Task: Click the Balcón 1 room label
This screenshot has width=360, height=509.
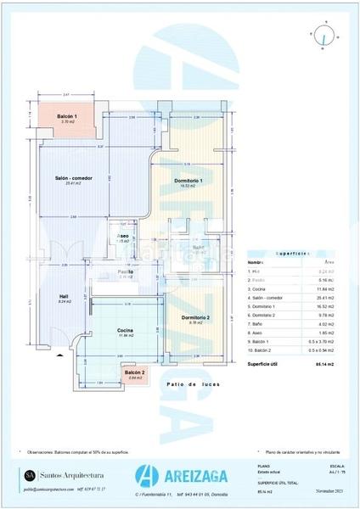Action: [67, 116]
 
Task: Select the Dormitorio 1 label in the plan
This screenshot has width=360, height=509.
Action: [188, 181]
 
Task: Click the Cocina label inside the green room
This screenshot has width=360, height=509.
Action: [124, 330]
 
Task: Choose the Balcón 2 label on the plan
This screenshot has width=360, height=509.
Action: [134, 372]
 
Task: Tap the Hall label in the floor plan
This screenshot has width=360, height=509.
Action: [64, 297]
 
